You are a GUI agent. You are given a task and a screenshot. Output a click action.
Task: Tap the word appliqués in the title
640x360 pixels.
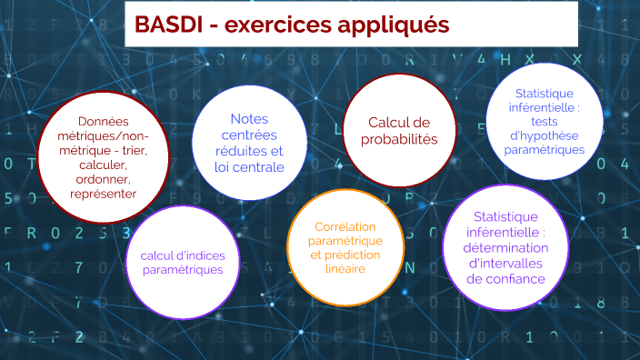pos(392,27)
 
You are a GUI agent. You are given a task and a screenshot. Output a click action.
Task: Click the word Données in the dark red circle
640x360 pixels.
pos(103,122)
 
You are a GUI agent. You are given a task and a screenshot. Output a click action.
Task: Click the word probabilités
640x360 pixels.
pos(399,139)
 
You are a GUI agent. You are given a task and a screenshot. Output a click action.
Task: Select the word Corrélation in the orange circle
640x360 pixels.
pos(345,226)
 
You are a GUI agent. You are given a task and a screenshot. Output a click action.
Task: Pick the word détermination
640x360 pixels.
pos(506,247)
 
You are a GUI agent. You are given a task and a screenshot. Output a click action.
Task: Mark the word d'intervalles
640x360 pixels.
pos(506,264)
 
